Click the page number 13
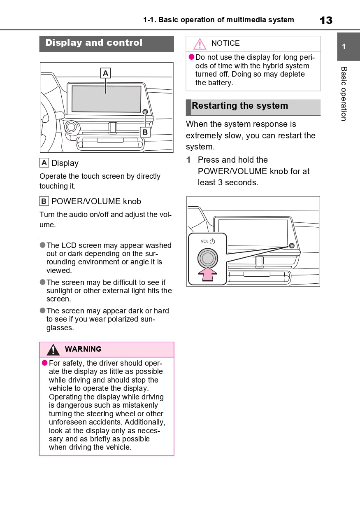point(326,20)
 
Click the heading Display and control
point(94,43)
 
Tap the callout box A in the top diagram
point(106,73)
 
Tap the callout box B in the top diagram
point(145,132)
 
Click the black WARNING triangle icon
point(53,350)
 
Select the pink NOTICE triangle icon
point(200,44)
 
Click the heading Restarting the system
point(240,106)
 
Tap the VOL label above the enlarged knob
point(204,242)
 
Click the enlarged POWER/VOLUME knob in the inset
point(208,258)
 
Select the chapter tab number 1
point(344,47)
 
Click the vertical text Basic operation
point(344,93)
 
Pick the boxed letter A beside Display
point(44,163)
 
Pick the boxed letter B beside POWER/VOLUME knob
point(44,201)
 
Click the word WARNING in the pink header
point(83,349)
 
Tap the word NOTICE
point(225,43)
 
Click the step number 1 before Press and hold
point(189,160)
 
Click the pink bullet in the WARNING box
point(45,363)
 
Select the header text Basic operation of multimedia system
point(226,20)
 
